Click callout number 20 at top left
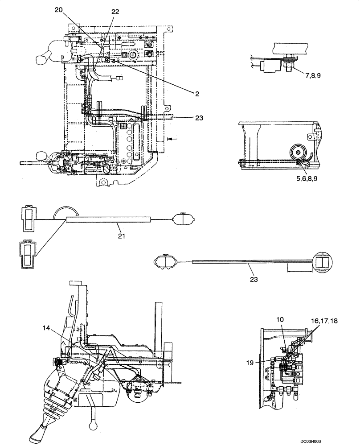61,9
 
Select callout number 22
115,12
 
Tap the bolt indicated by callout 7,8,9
287,64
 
